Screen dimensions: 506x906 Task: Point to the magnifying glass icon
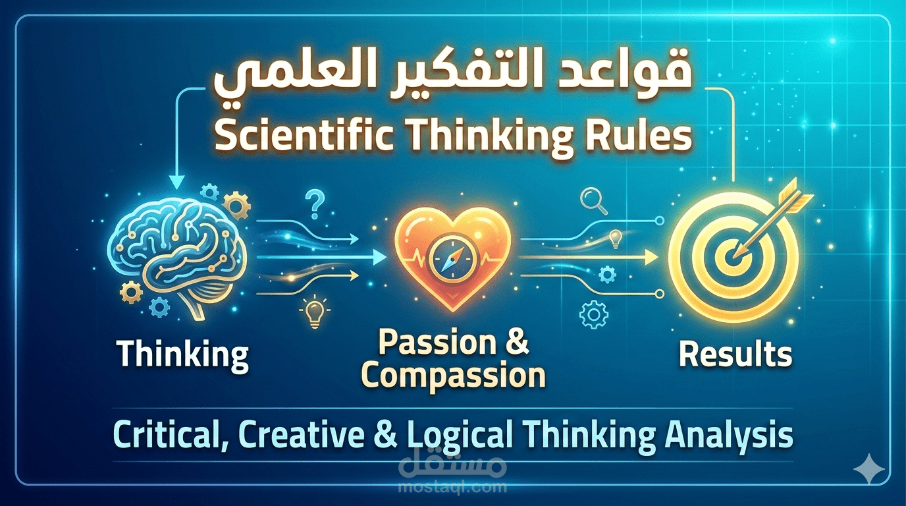pos(591,200)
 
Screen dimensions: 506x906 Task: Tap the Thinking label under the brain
pos(183,355)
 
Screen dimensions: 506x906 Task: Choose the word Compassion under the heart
pos(454,376)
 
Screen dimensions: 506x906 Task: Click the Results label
pos(735,355)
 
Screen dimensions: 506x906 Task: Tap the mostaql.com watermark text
pos(453,488)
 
